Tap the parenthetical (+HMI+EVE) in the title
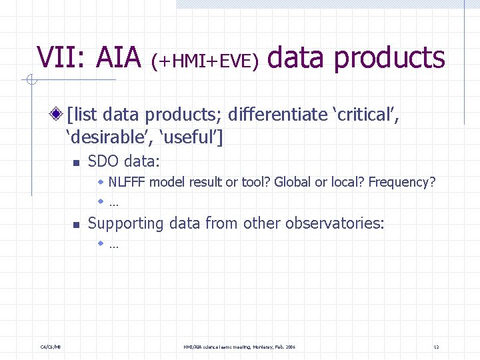coord(205,61)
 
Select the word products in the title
coord(389,59)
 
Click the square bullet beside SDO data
coord(76,163)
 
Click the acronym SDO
coord(103,161)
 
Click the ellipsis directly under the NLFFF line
coord(113,203)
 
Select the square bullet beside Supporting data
coord(76,225)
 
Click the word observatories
coord(334,223)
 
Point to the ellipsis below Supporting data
coord(113,245)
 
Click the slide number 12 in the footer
coord(436,347)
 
